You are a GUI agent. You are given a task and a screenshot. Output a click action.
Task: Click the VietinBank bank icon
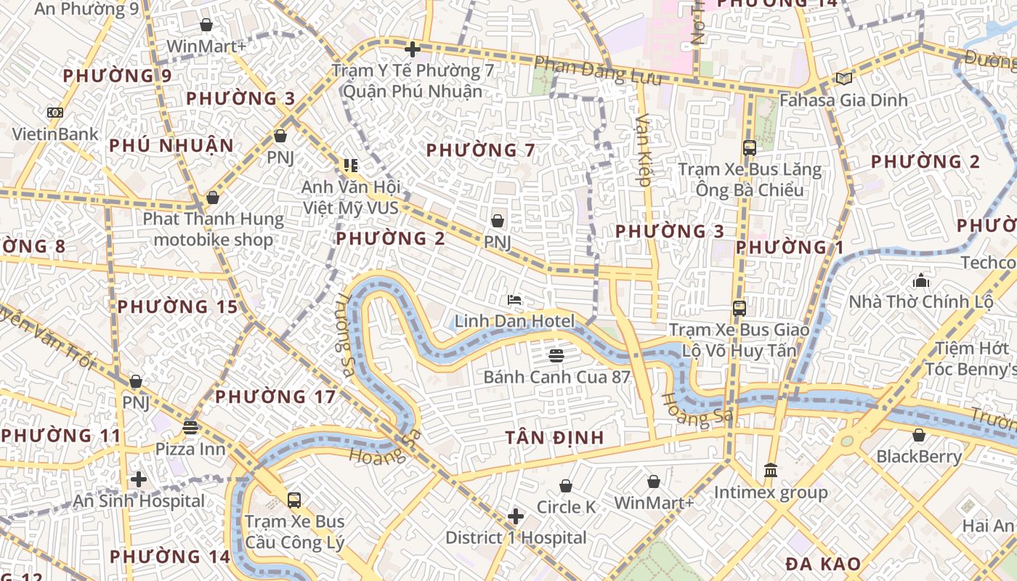point(55,113)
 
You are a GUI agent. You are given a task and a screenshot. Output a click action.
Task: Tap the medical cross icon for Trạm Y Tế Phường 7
point(413,49)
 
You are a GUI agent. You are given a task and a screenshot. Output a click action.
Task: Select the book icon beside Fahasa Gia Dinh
point(843,78)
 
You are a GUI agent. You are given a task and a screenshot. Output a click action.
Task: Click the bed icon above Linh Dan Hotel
point(514,299)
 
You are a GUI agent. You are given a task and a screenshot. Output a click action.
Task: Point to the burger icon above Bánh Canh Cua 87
point(557,355)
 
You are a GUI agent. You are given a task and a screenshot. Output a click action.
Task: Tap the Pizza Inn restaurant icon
point(190,427)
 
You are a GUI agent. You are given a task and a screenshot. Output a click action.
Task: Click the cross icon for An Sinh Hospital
point(139,479)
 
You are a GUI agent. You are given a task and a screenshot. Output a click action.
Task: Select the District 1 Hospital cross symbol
point(516,516)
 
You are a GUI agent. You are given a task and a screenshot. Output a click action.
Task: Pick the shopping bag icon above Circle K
point(566,485)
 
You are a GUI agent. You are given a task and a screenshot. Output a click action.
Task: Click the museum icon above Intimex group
point(771,471)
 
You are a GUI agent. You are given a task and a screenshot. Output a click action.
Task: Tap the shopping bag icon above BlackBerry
point(919,435)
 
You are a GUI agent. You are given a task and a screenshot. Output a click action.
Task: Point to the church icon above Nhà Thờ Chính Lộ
point(921,280)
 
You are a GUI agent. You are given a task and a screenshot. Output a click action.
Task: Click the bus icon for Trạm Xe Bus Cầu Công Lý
point(294,500)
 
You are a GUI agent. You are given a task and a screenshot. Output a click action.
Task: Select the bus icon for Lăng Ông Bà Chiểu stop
point(750,148)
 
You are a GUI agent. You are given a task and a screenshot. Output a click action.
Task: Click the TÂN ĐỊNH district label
point(555,437)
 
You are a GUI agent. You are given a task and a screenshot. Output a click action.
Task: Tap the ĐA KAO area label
point(823,564)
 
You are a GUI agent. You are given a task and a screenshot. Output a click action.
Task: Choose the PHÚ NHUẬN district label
point(171,145)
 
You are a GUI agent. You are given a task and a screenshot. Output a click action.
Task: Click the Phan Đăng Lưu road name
point(598,70)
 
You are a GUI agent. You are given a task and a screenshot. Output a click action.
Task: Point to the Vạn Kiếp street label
point(643,148)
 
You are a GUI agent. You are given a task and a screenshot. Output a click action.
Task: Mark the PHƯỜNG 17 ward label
point(275,397)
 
